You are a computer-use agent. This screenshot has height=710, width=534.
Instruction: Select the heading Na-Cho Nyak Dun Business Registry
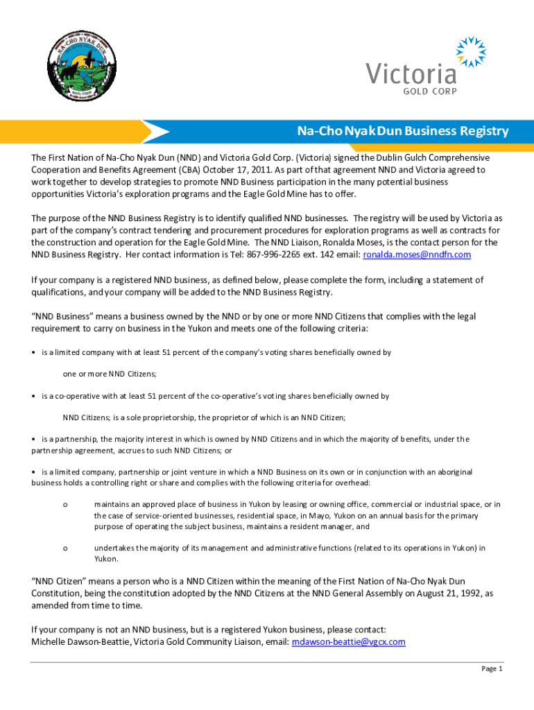(x=403, y=131)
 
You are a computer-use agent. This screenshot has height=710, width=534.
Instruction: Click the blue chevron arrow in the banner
(x=155, y=131)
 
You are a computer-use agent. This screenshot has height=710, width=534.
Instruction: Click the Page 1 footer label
(x=492, y=668)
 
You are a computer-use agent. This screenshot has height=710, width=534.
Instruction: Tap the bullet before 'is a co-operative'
(x=34, y=397)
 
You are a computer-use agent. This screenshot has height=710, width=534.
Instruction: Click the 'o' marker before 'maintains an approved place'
(x=65, y=504)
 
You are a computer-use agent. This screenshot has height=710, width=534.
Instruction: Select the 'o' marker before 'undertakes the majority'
(x=65, y=548)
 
